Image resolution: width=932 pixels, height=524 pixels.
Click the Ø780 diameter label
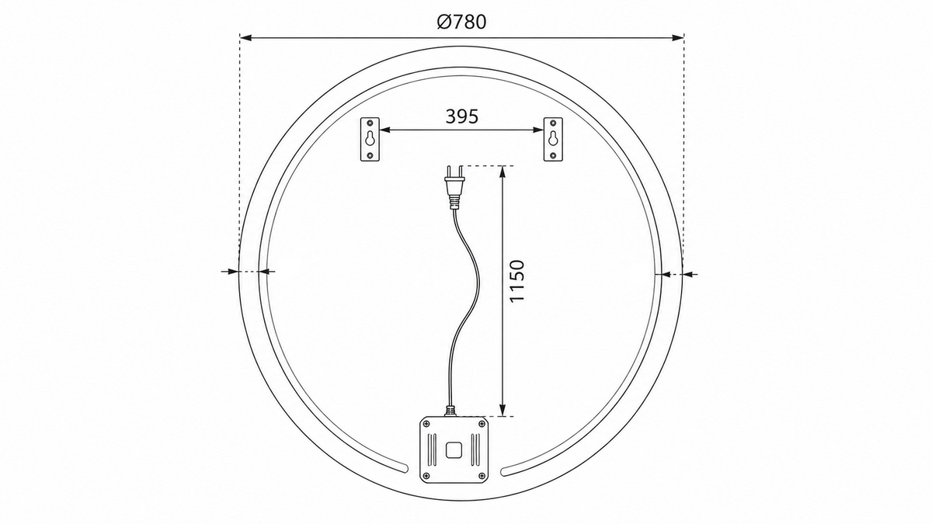(461, 22)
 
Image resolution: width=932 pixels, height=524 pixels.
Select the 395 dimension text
(462, 116)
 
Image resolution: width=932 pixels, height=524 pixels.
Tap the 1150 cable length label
(516, 281)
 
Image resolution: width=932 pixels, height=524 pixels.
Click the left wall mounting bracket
(370, 139)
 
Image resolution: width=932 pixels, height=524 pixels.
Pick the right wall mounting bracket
(553, 139)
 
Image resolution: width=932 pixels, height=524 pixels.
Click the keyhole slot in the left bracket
(370, 138)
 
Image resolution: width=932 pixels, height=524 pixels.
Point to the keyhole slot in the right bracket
(553, 138)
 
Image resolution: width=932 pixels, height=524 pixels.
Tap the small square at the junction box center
(454, 450)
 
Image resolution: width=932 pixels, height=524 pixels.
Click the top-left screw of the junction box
(426, 423)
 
